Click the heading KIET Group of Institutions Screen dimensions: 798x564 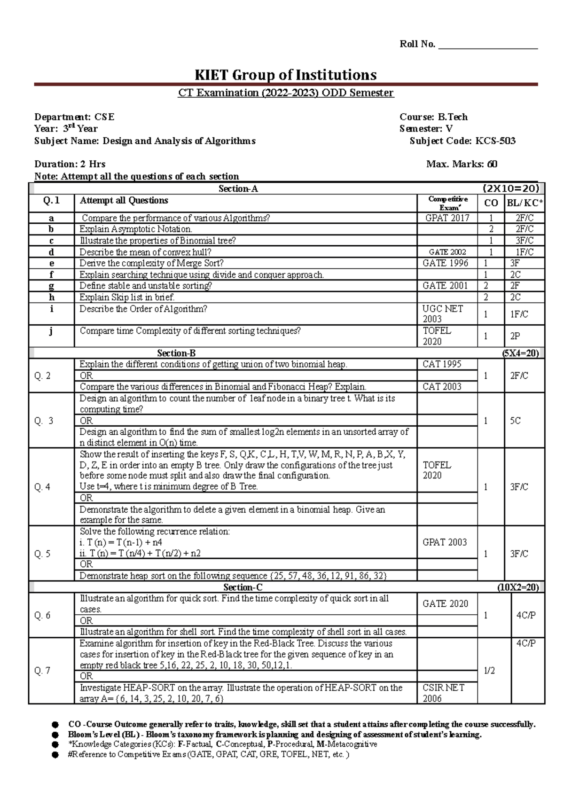click(x=285, y=75)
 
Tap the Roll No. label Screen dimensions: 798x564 click(x=417, y=44)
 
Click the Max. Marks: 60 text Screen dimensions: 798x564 click(x=462, y=164)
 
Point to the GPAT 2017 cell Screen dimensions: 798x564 click(x=447, y=218)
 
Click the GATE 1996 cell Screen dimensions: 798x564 click(x=445, y=263)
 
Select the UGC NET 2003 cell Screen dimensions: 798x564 click(x=442, y=313)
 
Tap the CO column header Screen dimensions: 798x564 click(x=491, y=203)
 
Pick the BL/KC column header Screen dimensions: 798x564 click(x=525, y=203)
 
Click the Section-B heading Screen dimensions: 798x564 click(x=176, y=353)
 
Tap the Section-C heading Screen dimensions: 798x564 click(x=243, y=587)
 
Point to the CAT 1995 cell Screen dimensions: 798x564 click(x=442, y=364)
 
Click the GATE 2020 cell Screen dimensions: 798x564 click(x=445, y=604)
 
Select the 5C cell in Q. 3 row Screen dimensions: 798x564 click(x=515, y=421)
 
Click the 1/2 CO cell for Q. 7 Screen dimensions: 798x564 click(x=489, y=671)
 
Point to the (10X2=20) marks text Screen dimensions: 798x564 click(x=518, y=587)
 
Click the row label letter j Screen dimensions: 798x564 click(x=51, y=331)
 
